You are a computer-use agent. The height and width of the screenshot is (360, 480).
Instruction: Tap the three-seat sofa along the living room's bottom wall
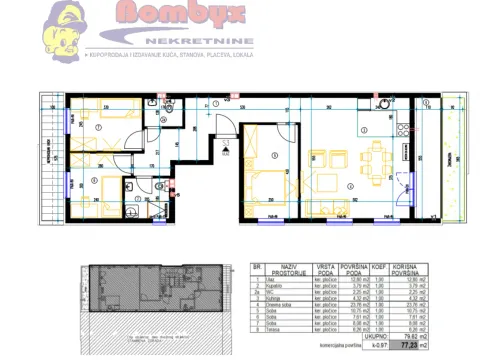331,204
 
